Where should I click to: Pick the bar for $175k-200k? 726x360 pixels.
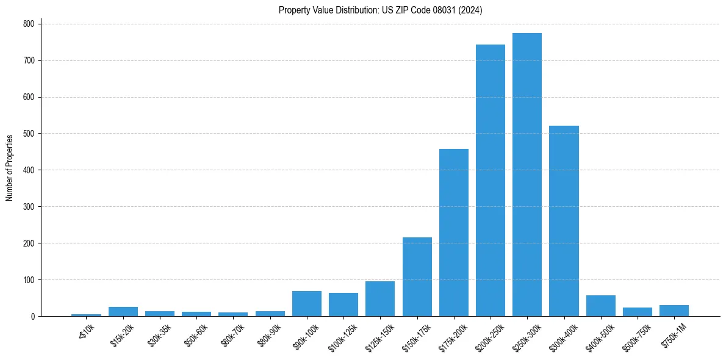click(454, 232)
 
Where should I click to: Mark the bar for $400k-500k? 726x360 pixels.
click(601, 306)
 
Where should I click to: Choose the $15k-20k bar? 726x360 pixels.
click(123, 312)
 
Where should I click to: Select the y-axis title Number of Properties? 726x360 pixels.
click(10, 168)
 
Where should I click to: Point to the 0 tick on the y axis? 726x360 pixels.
click(33, 317)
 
